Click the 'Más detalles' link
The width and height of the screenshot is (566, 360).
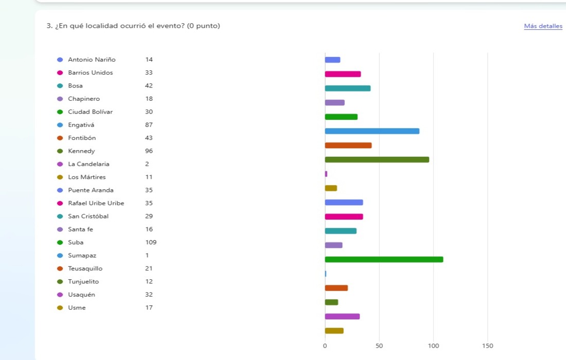pyautogui.click(x=543, y=26)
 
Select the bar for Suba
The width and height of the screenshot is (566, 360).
pyautogui.click(x=384, y=259)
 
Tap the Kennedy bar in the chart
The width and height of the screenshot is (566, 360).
pyautogui.click(x=377, y=159)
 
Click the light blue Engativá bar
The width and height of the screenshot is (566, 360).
pyautogui.click(x=372, y=131)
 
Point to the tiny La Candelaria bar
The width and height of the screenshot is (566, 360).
pyautogui.click(x=326, y=174)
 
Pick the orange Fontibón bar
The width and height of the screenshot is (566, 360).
pyautogui.click(x=348, y=146)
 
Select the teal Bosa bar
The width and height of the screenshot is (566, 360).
pyautogui.click(x=347, y=88)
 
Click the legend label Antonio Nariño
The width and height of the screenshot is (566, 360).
pyautogui.click(x=92, y=60)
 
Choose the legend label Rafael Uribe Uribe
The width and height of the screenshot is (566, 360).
pyautogui.click(x=96, y=203)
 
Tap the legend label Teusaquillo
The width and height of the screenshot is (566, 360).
pyautogui.click(x=85, y=268)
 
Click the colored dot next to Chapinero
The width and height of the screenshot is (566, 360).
pyautogui.click(x=60, y=99)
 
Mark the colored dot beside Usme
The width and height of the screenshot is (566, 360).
pyautogui.click(x=60, y=308)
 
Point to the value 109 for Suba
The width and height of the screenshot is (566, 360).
pyautogui.click(x=151, y=242)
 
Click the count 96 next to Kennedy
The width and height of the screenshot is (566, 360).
pyautogui.click(x=149, y=151)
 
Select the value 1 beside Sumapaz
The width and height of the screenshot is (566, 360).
pyautogui.click(x=147, y=256)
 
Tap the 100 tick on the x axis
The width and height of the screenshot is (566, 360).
pyautogui.click(x=433, y=346)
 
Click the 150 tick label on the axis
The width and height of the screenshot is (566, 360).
pyautogui.click(x=487, y=346)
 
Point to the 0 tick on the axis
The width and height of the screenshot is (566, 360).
pyautogui.click(x=325, y=346)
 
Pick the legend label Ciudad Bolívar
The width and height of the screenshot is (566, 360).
pyautogui.click(x=90, y=112)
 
